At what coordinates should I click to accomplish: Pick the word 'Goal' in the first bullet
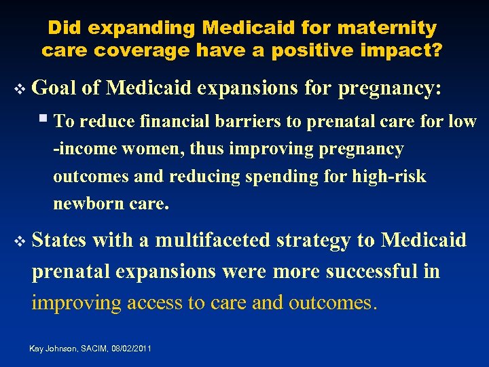coord(54,88)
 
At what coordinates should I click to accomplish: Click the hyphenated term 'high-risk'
coord(389,177)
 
